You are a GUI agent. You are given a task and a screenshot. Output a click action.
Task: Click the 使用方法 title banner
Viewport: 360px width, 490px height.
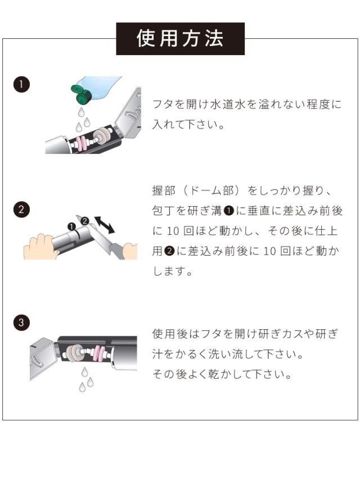click(x=180, y=39)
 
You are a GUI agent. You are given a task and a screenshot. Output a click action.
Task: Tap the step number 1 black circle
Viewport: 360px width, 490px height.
click(x=21, y=84)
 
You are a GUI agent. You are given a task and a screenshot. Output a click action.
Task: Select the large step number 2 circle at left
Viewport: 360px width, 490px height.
click(x=21, y=210)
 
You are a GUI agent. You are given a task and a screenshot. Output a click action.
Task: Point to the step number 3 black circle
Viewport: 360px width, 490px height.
click(x=21, y=322)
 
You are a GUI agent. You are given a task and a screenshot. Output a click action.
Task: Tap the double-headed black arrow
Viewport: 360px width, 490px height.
click(x=105, y=224)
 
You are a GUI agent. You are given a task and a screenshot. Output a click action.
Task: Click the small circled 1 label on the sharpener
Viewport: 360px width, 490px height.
click(x=72, y=226)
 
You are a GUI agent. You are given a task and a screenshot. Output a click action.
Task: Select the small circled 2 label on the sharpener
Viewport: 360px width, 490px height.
click(x=85, y=221)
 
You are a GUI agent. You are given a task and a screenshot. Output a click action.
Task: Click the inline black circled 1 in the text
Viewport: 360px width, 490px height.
click(x=229, y=211)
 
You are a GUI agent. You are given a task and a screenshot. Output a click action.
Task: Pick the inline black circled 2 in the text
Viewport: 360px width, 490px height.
click(x=169, y=251)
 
